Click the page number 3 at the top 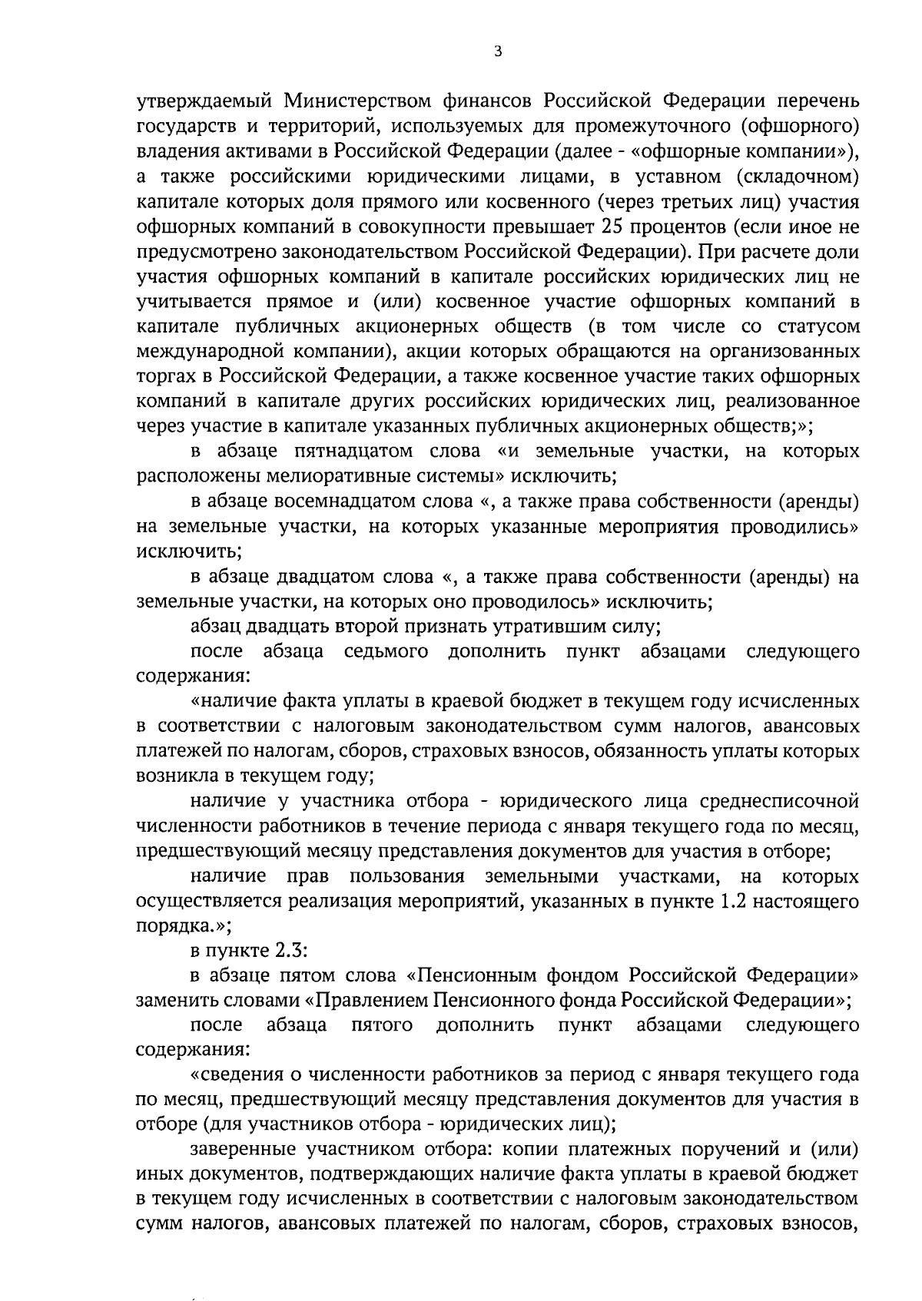[x=499, y=52]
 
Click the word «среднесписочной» [x=779, y=802]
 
